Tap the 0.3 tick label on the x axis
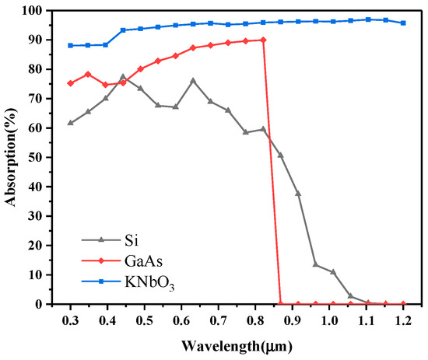point(70,319)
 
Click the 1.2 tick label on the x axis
point(403,319)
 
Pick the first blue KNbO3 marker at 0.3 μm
point(70,45)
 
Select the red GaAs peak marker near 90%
point(263,40)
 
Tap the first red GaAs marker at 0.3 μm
point(70,83)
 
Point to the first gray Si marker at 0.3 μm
point(70,123)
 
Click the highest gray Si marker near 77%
point(123,77)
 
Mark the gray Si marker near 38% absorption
point(298,193)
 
